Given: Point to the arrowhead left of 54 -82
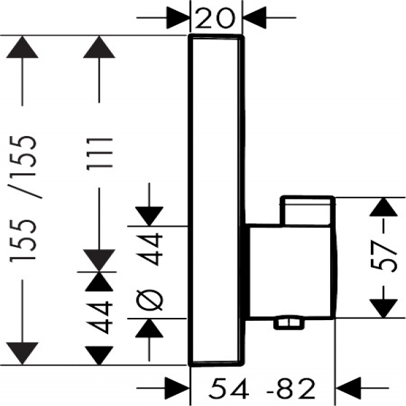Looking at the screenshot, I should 179,388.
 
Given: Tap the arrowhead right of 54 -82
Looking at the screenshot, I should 346,388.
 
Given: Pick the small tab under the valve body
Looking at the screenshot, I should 287,323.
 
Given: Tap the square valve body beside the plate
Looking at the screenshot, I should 291,271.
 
